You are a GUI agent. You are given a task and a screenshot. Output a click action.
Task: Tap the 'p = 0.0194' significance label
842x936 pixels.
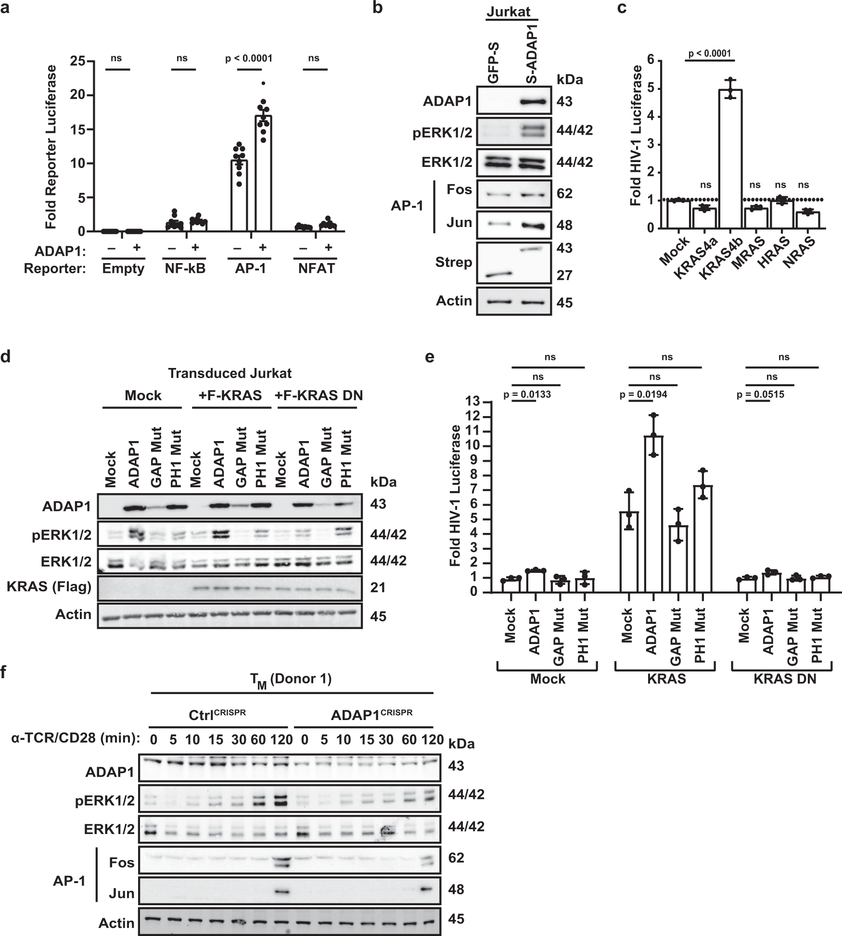click(x=643, y=395)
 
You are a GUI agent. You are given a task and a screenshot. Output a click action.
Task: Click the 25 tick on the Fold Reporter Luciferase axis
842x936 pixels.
click(x=76, y=62)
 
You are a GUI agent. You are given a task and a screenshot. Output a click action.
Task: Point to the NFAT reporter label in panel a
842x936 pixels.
click(x=316, y=268)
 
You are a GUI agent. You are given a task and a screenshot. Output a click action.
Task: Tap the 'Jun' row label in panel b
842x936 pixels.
click(x=459, y=223)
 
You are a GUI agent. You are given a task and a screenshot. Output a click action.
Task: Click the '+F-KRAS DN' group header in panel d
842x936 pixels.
click(x=319, y=395)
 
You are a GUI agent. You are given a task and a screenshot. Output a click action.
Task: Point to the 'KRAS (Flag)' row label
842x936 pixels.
click(x=50, y=587)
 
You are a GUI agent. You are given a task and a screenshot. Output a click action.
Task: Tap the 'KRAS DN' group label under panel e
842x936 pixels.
click(x=784, y=679)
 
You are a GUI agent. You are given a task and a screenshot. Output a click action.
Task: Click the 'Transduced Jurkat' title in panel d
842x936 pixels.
click(x=230, y=373)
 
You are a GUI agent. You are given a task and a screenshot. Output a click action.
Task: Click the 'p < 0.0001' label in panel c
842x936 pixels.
click(x=710, y=53)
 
